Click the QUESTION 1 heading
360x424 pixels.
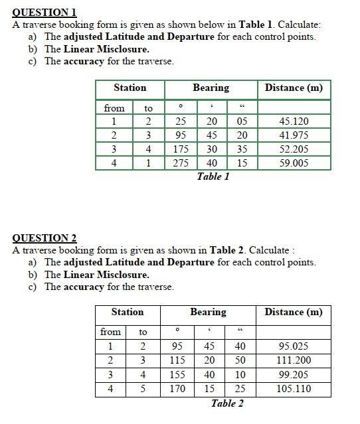click(45, 12)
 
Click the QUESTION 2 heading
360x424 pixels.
click(45, 238)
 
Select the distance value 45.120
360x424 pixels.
click(294, 121)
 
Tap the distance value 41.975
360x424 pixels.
click(294, 135)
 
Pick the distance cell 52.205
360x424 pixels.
click(294, 149)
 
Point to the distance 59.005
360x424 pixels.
click(294, 163)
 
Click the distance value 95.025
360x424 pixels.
click(293, 346)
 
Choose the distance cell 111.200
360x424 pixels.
click(293, 360)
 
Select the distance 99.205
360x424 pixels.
click(293, 375)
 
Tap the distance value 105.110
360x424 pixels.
click(293, 389)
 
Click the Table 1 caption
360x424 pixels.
click(213, 177)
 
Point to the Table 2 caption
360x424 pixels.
click(227, 403)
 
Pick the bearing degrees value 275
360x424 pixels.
click(180, 163)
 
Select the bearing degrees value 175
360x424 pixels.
click(180, 149)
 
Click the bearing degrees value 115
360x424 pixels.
click(177, 360)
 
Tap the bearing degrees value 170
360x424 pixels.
click(177, 389)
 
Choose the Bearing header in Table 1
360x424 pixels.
click(211, 88)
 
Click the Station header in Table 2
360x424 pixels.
click(127, 312)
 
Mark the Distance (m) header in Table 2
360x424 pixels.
click(293, 312)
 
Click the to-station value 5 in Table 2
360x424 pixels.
click(143, 389)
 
